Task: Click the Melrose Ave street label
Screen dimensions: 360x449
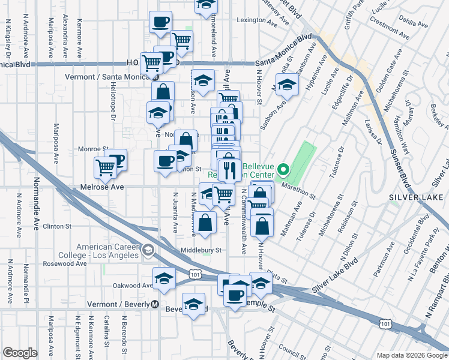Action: pos(102,188)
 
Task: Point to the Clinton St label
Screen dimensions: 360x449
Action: pos(58,227)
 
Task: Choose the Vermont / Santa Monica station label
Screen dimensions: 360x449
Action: pos(108,77)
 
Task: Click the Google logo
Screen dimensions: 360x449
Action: pos(20,353)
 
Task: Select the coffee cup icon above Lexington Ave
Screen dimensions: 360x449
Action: pos(160,22)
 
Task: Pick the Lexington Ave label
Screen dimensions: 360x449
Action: pos(251,20)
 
